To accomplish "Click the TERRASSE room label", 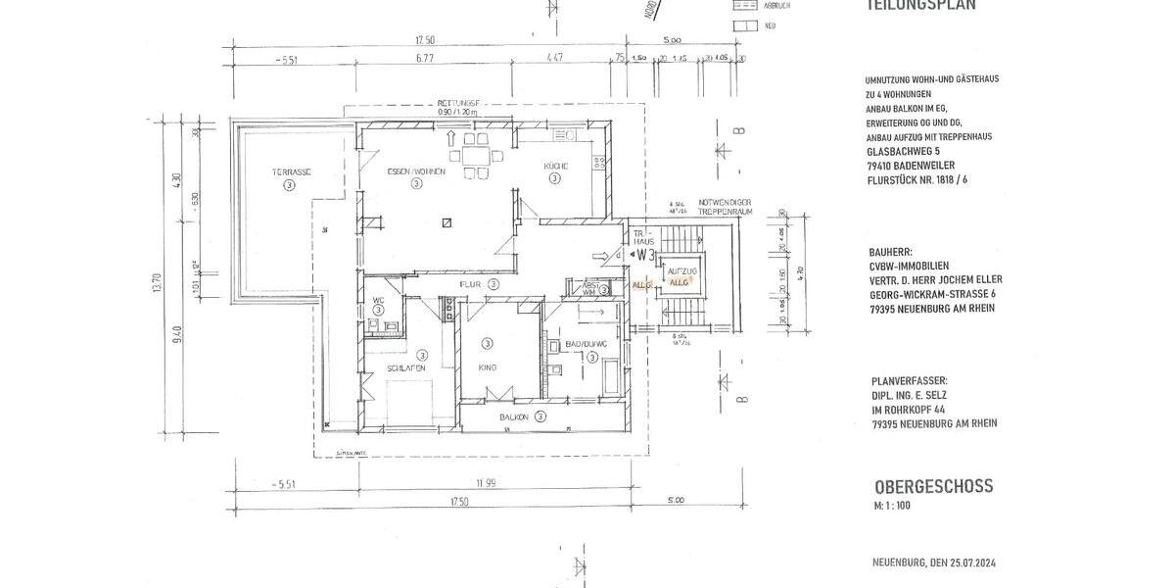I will (x=292, y=171).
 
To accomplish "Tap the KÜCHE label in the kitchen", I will (x=556, y=167).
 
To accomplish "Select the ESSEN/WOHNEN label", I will (x=416, y=171).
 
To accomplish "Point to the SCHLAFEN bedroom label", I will (x=405, y=368).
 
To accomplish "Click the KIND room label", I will (x=487, y=367).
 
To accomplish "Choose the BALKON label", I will (x=514, y=416).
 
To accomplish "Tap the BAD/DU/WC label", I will (x=587, y=344).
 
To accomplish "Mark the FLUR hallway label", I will (x=474, y=284).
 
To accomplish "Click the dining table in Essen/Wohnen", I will (x=475, y=154).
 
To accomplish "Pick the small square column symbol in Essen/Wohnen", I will (x=446, y=222).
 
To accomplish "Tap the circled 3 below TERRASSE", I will (x=289, y=184).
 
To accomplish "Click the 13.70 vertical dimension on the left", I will (x=155, y=284).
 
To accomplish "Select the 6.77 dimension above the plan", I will (x=424, y=58).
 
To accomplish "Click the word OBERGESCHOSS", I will (x=933, y=486).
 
